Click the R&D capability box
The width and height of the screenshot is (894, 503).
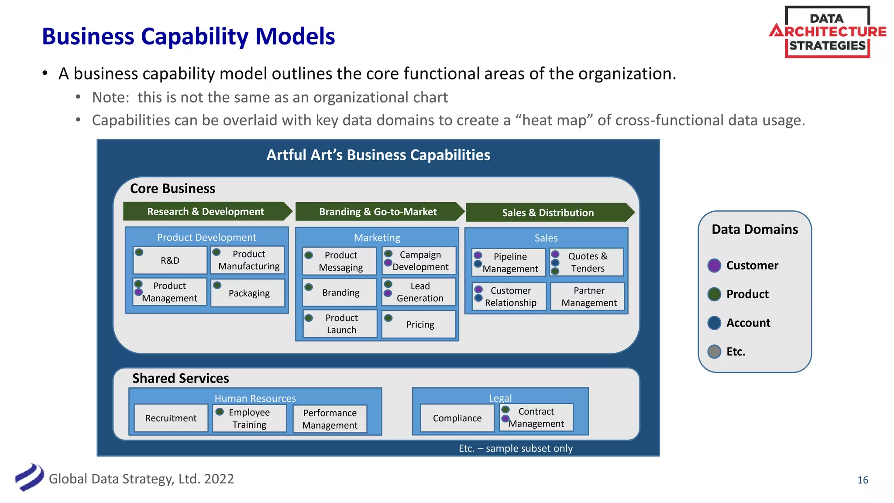click(170, 261)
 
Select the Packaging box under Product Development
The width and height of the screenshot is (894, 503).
click(248, 293)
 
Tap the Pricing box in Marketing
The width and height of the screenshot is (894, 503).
click(419, 324)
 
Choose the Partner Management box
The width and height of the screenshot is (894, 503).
click(588, 297)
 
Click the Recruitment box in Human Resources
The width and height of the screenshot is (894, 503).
click(171, 418)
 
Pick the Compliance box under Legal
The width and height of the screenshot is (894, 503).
click(457, 418)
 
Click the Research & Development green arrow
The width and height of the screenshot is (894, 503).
click(206, 212)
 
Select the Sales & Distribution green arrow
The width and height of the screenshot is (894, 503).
click(548, 213)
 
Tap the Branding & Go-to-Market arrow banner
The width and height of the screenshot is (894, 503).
click(378, 212)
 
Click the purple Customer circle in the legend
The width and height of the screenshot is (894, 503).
click(714, 265)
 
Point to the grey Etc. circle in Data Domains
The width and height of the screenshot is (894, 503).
click(714, 351)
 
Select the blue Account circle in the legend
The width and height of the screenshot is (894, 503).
click(714, 323)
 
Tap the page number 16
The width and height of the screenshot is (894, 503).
click(863, 480)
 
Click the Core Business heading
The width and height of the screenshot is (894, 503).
click(172, 189)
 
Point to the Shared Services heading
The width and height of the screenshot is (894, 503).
click(180, 378)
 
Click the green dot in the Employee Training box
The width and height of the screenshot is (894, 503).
click(220, 412)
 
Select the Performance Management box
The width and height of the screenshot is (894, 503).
click(330, 419)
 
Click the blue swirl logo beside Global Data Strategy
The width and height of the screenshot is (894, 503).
click(29, 477)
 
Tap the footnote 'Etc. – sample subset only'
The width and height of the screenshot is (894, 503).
click(516, 448)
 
